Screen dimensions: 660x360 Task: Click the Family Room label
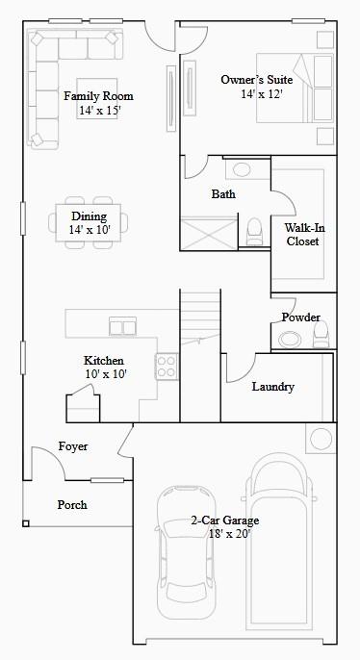coord(98,96)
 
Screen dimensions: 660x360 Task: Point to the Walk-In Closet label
coord(302,235)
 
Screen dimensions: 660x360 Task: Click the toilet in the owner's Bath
coord(255,232)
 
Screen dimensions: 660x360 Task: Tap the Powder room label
coord(300,317)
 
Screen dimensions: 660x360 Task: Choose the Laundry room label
coord(272,387)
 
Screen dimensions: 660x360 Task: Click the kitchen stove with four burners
coord(167,367)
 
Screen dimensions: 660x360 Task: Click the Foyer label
coord(73,446)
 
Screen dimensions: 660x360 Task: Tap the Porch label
coord(71,504)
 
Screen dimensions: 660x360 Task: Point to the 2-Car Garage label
coord(224,520)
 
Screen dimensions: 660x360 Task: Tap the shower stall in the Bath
coord(207,235)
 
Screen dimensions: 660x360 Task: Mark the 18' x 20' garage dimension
coord(224,534)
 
